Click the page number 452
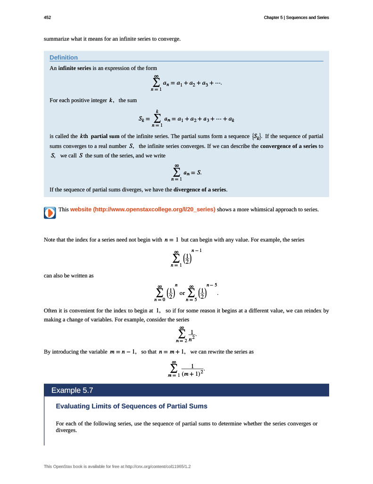coord(47,17)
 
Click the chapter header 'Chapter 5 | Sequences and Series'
coord(296,17)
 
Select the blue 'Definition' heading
coord(64,58)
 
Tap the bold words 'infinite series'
coord(75,69)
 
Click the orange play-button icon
coord(50,213)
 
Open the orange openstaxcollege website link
coord(142,209)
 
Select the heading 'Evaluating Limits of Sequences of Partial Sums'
coord(132,406)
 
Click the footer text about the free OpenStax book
coord(120,467)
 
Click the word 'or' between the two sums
coord(182,294)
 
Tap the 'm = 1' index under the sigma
coord(174,375)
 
